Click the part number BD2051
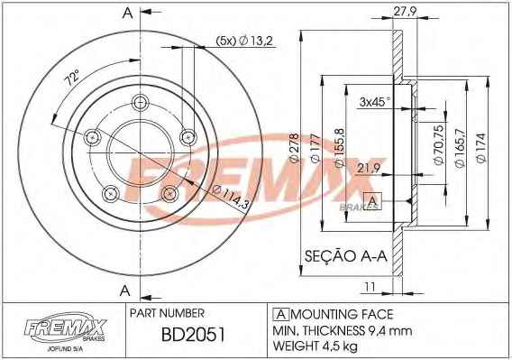pos(193,335)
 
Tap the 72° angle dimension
pos(72,78)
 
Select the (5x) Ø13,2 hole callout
pos(244,41)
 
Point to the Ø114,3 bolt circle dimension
pos(231,198)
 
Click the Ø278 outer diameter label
pos(294,148)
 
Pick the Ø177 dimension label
pos(315,148)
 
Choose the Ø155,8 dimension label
pos(338,147)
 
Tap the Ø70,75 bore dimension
pos(438,144)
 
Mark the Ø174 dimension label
pos(481,147)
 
